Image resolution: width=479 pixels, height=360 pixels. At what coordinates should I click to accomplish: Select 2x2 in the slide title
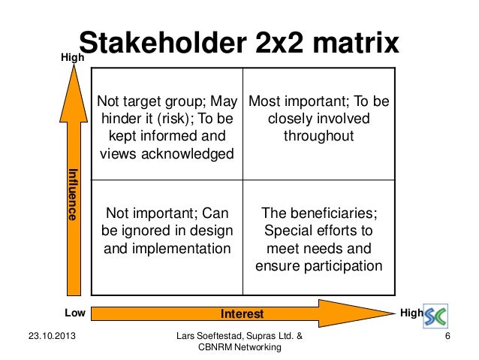(272, 44)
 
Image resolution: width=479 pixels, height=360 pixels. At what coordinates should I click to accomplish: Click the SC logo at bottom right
(438, 316)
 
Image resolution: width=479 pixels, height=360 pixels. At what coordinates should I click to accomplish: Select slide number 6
(447, 335)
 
